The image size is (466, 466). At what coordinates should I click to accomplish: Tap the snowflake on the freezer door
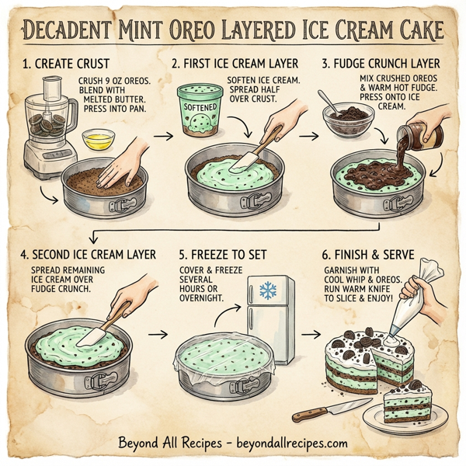click(x=268, y=292)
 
